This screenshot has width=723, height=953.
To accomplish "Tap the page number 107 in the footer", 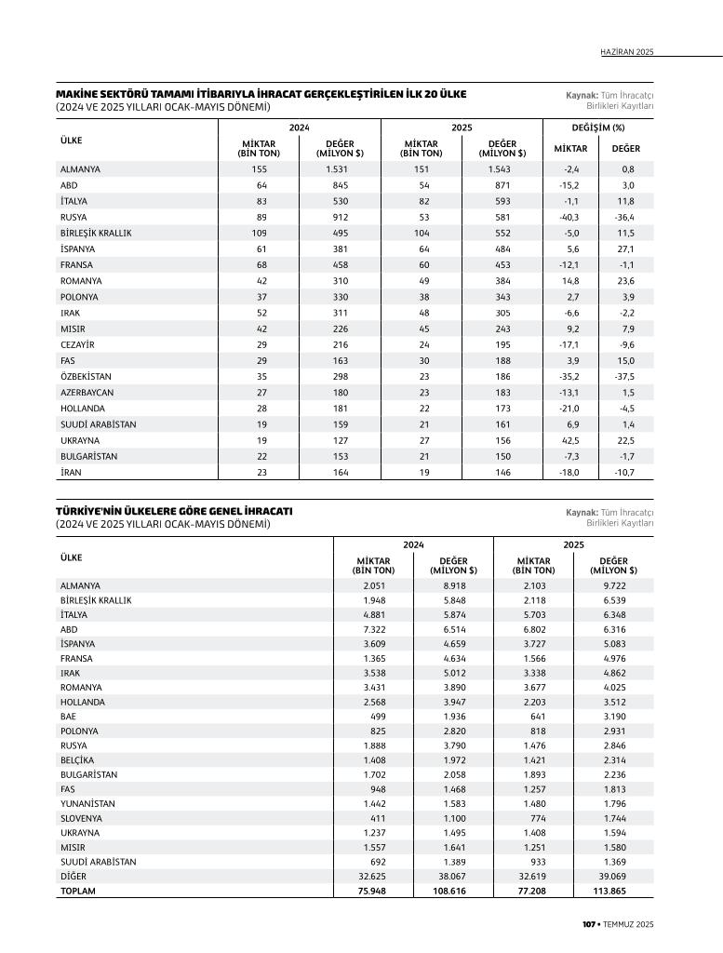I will tap(588, 924).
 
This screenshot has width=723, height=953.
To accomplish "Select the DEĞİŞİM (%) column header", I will tap(597, 128).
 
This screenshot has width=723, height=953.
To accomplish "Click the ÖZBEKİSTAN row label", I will tap(83, 376).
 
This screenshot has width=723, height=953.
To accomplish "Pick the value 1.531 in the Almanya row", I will tap(337, 169).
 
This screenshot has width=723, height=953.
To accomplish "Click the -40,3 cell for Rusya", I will tap(570, 217).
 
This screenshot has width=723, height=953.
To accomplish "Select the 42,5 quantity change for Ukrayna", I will tap(571, 440).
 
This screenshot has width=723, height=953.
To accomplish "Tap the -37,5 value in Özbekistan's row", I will tap(625, 376).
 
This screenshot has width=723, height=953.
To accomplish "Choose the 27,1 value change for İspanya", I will tap(625, 249).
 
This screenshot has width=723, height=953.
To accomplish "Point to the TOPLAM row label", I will tap(77, 891).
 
